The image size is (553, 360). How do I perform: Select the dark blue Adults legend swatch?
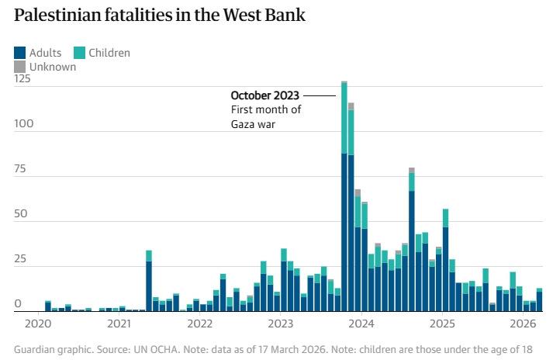19,53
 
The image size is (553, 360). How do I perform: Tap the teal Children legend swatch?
79,53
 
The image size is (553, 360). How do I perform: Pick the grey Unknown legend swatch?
19,67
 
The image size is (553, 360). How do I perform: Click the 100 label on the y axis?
22,123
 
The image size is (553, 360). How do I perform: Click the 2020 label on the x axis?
38,323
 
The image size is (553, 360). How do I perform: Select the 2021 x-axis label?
119,323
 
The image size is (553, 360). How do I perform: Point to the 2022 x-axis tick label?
199,323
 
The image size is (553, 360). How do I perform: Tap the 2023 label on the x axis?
281,323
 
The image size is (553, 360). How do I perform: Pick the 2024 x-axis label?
361,323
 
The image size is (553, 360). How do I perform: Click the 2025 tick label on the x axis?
442,323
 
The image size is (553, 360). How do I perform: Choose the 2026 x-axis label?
523,323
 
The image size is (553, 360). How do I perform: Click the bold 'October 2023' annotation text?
264,95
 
